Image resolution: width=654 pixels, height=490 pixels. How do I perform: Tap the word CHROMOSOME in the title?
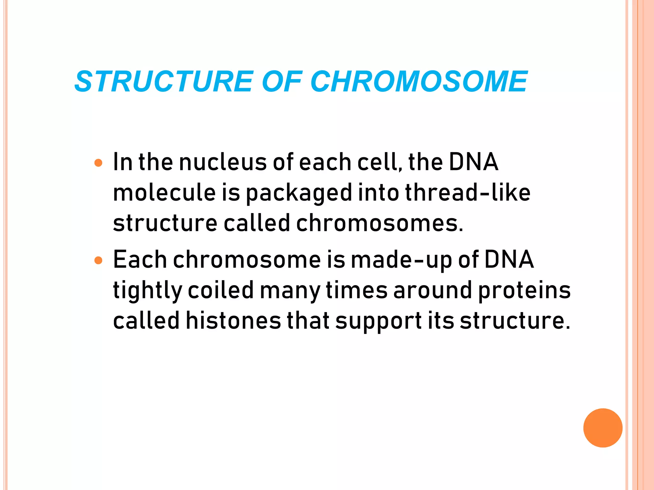pyautogui.click(x=419, y=82)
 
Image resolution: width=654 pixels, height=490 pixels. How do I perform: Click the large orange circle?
pyautogui.click(x=603, y=428)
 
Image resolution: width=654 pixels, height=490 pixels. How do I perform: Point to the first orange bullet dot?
pyautogui.click(x=99, y=163)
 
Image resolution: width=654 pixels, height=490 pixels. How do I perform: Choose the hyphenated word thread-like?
pyautogui.click(x=468, y=193)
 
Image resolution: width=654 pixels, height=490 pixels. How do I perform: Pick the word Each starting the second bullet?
pyautogui.click(x=140, y=260)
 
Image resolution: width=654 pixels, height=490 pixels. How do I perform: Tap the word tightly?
pyautogui.click(x=147, y=291)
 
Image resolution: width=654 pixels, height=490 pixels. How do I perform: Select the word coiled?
pyautogui.click(x=221, y=290)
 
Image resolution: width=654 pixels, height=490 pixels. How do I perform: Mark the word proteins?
pyautogui.click(x=524, y=291)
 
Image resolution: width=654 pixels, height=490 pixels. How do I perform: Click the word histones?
pyautogui.click(x=233, y=321)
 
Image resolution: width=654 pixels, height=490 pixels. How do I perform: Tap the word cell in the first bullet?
pyautogui.click(x=378, y=162)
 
